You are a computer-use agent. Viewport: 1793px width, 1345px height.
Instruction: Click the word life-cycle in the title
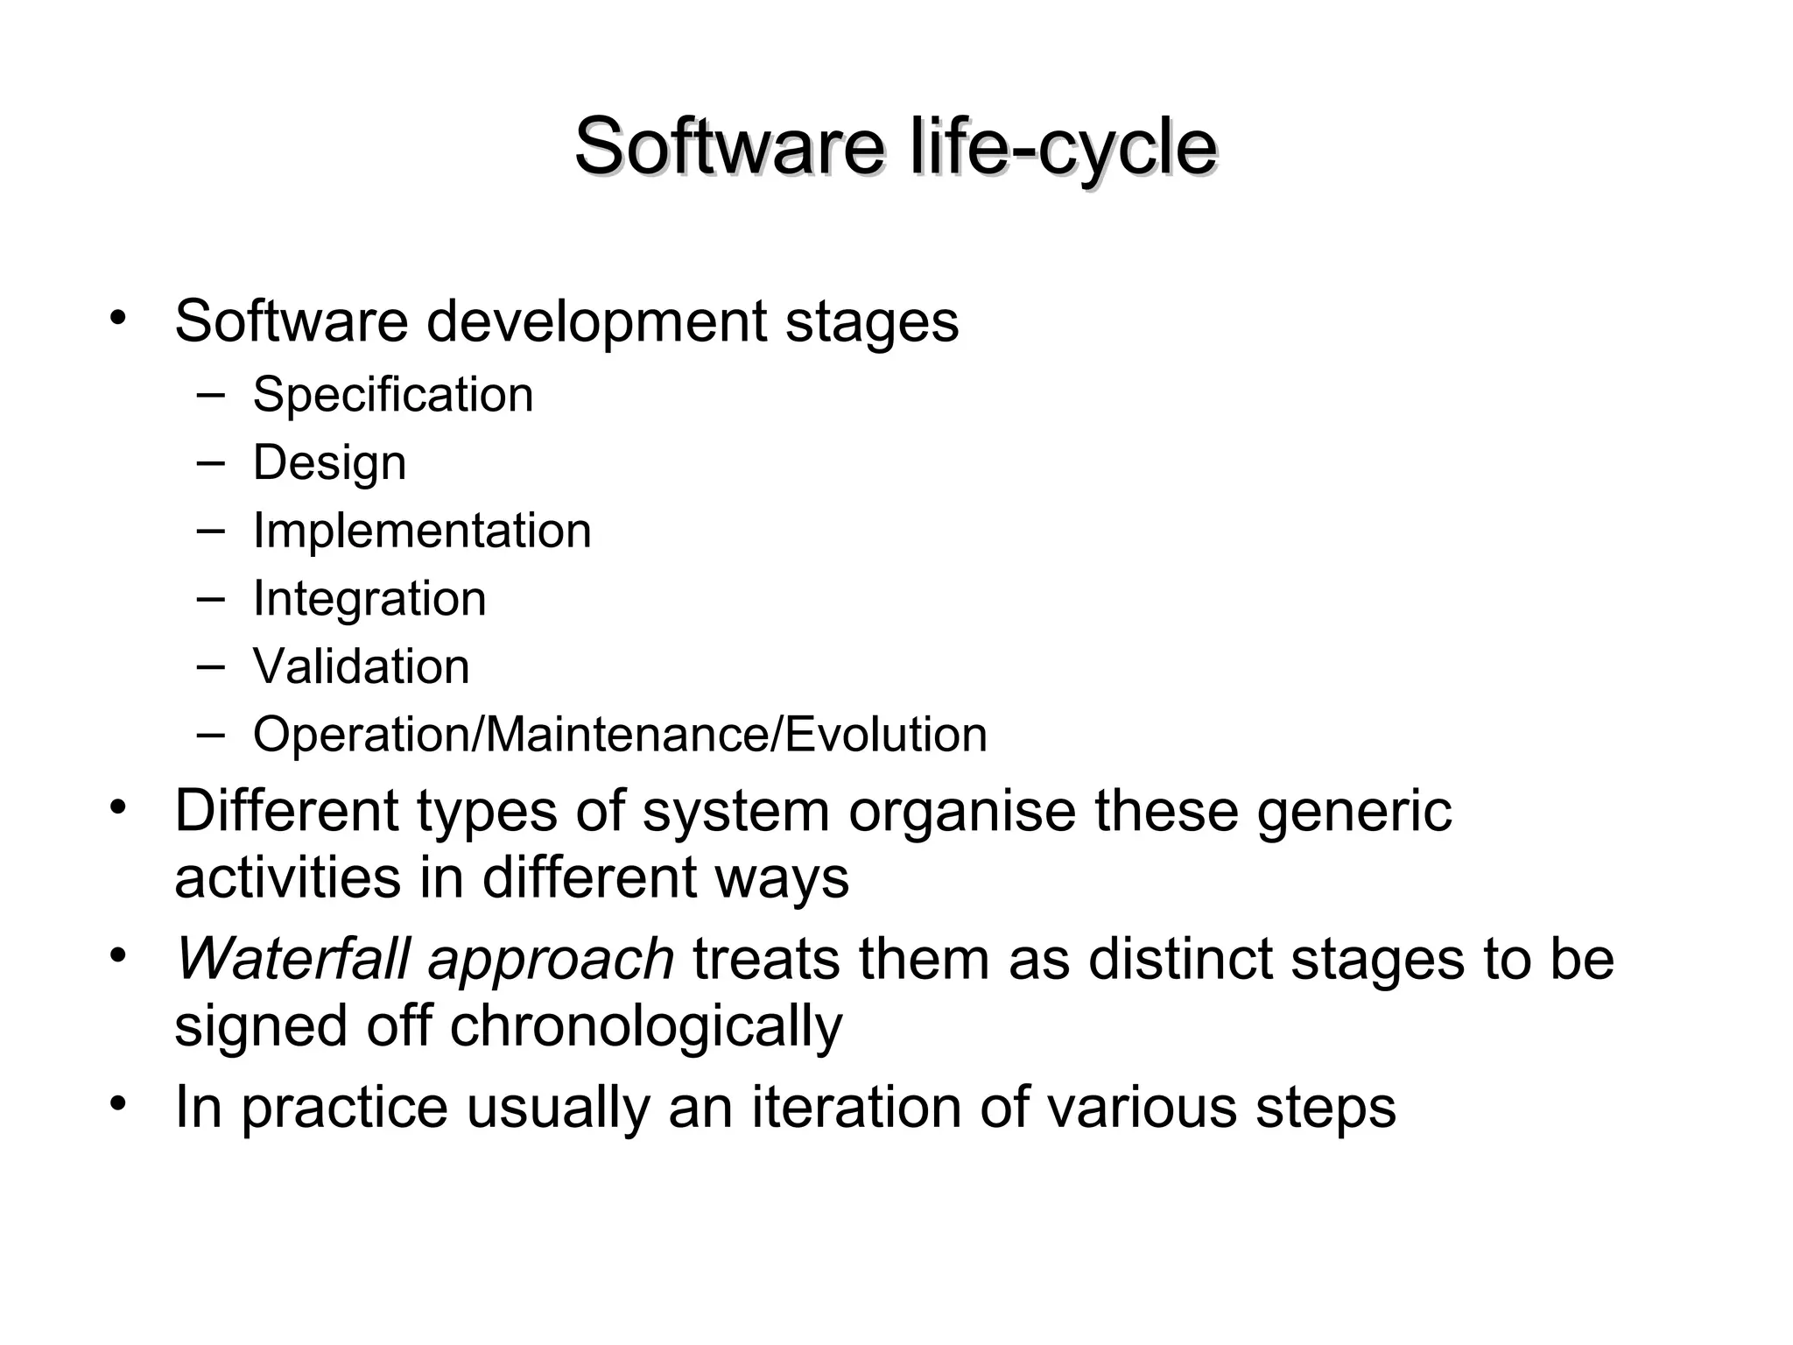click(1063, 147)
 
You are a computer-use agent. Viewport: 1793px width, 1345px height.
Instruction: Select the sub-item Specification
click(392, 395)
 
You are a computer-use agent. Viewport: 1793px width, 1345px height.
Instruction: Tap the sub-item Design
click(329, 462)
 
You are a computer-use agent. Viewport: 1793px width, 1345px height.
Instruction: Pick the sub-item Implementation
click(422, 531)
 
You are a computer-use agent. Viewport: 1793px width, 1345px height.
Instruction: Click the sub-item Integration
click(369, 599)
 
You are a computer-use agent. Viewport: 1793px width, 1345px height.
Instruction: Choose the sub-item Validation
click(361, 666)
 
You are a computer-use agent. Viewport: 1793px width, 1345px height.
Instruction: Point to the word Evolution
click(886, 734)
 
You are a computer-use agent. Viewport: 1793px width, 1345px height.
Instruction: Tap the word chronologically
click(645, 1026)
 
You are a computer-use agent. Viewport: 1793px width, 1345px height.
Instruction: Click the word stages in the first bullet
click(871, 322)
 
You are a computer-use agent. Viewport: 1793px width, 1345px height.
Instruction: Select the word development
click(596, 322)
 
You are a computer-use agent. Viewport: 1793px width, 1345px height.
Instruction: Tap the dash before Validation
click(210, 665)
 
